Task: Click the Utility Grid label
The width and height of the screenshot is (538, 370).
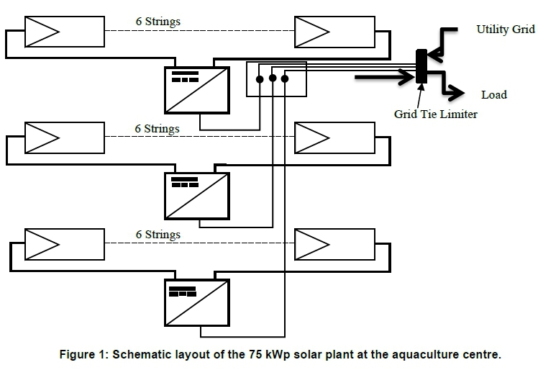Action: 506,30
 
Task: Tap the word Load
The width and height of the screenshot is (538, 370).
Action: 494,94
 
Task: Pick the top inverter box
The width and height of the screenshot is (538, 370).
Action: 196,90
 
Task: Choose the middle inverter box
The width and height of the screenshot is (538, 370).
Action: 196,196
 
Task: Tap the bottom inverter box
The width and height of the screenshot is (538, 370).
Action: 196,302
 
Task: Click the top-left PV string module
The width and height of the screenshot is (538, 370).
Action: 64,32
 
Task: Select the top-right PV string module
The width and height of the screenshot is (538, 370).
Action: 334,32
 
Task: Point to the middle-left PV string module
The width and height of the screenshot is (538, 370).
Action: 64,137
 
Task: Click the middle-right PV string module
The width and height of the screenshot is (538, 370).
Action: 334,137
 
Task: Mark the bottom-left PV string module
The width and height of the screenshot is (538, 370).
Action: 64,244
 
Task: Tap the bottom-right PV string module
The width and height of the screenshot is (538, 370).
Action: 334,244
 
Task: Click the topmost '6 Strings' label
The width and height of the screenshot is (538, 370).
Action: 158,22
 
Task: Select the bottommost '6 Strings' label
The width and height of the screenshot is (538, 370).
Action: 158,235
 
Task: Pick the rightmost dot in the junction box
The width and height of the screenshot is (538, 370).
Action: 285,78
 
